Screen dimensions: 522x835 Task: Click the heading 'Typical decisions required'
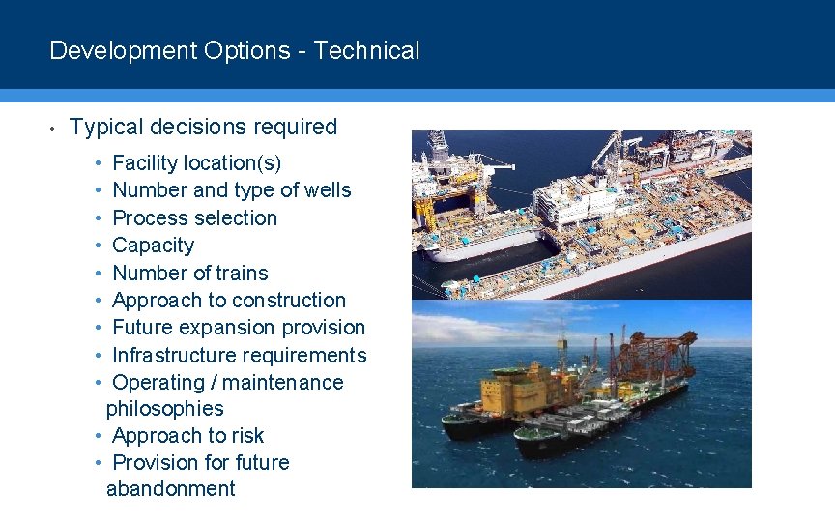pos(203,127)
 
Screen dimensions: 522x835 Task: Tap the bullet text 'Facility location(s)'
pos(197,163)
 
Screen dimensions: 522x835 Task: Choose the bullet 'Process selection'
pos(194,218)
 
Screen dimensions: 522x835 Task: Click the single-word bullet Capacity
pos(153,246)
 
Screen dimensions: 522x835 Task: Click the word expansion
pos(241,328)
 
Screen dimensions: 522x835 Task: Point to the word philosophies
pos(164,409)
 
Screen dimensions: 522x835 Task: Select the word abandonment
pos(170,489)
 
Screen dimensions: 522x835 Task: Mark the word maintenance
pos(288,383)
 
